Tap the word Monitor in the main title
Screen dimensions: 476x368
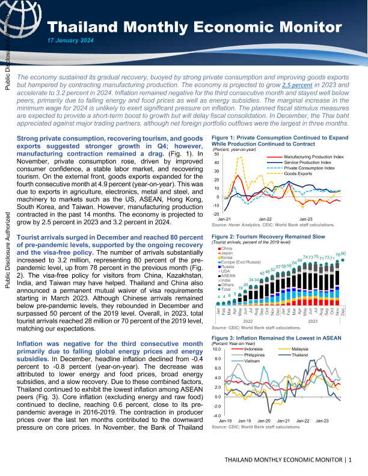tap(293, 27)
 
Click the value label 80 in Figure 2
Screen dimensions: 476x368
tap(343, 254)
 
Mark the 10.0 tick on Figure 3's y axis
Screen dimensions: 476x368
tap(216, 349)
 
